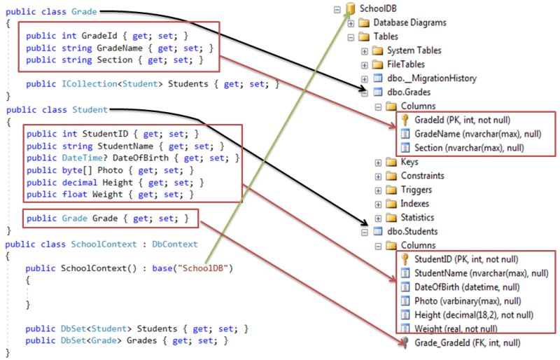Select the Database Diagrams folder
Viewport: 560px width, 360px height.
[409, 22]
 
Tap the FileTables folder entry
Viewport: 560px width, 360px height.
[406, 64]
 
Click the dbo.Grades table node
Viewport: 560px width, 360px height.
[410, 92]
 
